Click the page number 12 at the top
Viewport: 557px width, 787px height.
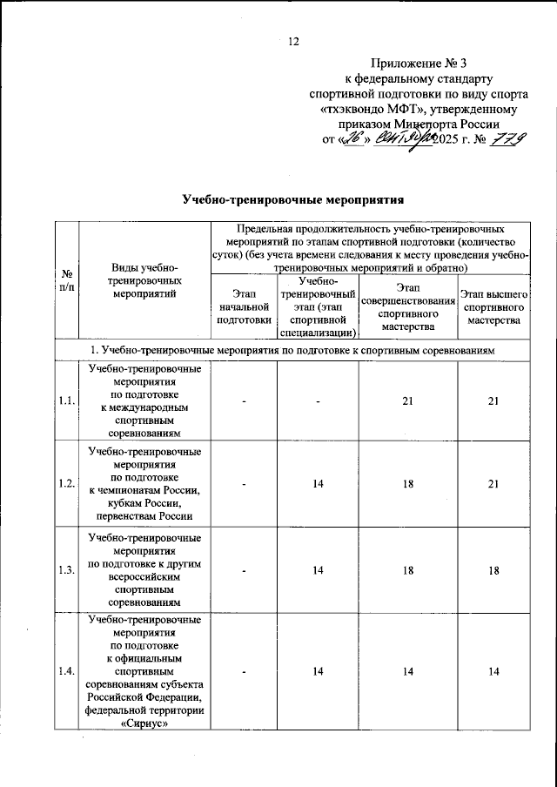tap(293, 41)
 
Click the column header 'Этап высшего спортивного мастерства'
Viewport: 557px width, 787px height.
tap(492, 308)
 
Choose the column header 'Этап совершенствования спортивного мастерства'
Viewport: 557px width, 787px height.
tap(408, 308)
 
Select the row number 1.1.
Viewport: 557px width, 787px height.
tap(66, 400)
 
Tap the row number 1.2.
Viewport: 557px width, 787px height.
tap(66, 483)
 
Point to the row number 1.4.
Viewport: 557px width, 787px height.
tap(66, 671)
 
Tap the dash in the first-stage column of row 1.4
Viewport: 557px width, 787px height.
tap(245, 671)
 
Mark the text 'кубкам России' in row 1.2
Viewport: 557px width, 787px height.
tap(144, 503)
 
